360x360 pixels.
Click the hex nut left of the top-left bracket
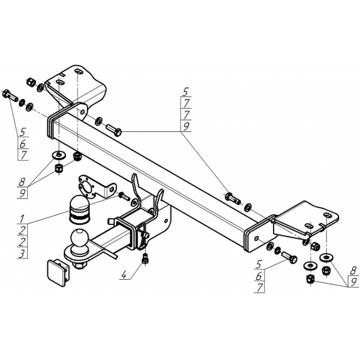coord(30,82)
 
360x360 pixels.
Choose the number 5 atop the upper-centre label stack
coord(186,93)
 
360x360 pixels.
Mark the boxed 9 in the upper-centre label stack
coord(186,127)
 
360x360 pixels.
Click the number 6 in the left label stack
coord(23,144)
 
